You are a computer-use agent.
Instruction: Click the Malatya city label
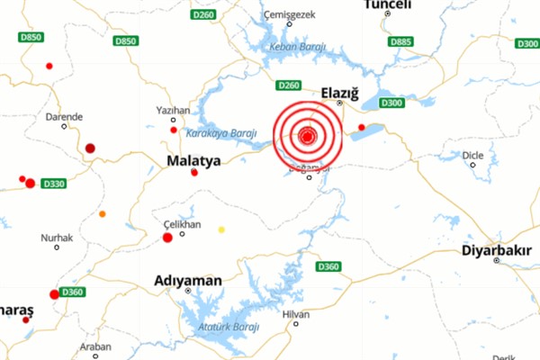[x=193, y=161]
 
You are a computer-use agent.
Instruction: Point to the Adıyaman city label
[x=188, y=280]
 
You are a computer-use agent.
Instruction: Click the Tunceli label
[x=388, y=5]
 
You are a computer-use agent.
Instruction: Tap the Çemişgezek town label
[x=288, y=15]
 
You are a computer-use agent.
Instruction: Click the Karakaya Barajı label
[x=215, y=133]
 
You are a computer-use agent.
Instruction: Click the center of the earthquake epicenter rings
[x=307, y=137]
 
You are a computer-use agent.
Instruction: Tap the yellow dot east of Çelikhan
[x=221, y=229]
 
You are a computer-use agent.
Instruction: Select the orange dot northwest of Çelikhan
[x=102, y=214]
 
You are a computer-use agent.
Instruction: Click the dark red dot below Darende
[x=90, y=148]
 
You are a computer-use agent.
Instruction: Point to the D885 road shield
[x=400, y=41]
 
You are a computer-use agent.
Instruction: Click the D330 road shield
[x=53, y=184]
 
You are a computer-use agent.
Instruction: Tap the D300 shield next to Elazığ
[x=391, y=103]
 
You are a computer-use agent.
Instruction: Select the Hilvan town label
[x=295, y=314]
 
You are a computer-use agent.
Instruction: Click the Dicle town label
[x=472, y=155]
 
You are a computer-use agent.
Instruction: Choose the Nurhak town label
[x=56, y=238]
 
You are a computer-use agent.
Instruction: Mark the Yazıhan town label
[x=173, y=110]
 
